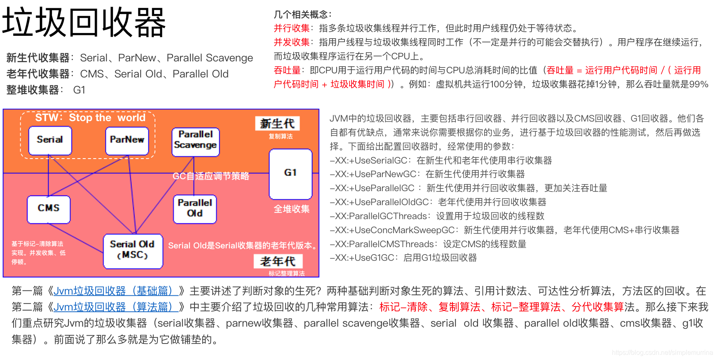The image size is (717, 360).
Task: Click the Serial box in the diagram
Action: point(50,140)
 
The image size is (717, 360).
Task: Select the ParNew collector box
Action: point(127,140)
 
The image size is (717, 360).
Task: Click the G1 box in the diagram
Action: point(290,173)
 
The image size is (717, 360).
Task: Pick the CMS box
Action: point(49,209)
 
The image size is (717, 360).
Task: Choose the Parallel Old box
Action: point(195,209)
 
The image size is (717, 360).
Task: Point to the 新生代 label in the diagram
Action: point(277,124)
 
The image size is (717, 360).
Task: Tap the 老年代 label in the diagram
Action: point(278,261)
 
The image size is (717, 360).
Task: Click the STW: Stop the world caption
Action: point(90,118)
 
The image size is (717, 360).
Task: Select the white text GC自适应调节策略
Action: point(211,176)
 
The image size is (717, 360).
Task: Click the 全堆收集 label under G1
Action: point(291,209)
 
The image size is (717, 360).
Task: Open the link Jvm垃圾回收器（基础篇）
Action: point(116,291)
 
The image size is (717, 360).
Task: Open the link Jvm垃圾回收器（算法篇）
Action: point(116,307)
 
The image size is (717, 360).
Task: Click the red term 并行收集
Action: point(291,28)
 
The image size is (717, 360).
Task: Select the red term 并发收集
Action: point(291,42)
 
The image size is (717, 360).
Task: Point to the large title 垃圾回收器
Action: point(84,23)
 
